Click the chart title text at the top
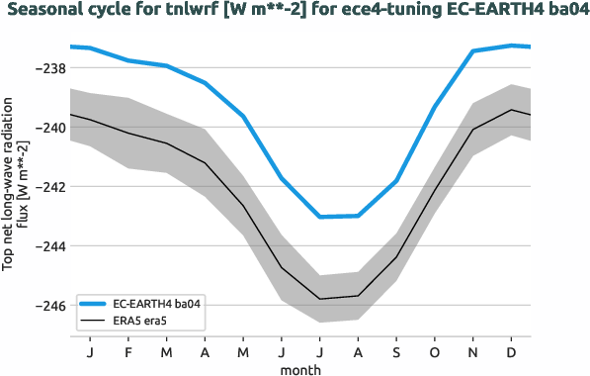coord(295,11)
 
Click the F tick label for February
coord(128,351)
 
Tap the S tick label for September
coord(396,351)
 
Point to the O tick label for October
coord(435,351)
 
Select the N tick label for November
coord(473,351)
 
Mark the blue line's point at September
coord(396,181)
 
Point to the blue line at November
coord(473,50)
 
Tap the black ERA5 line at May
coord(243,206)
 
